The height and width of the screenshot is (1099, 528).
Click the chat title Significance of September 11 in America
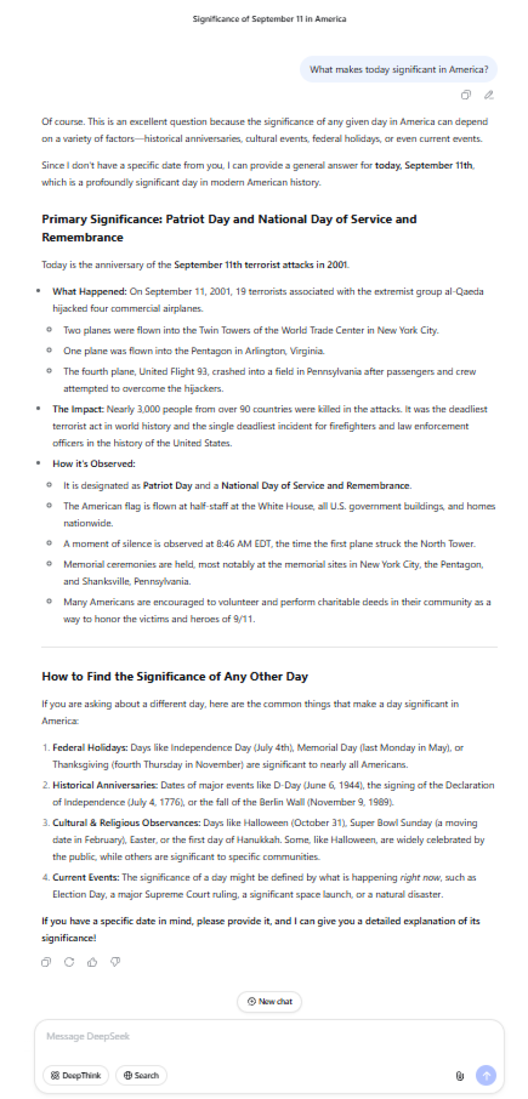click(269, 19)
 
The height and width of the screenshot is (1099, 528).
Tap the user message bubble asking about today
click(398, 69)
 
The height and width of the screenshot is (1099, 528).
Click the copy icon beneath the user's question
click(466, 95)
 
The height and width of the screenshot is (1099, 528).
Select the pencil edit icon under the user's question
click(489, 95)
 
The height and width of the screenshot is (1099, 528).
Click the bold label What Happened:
click(90, 292)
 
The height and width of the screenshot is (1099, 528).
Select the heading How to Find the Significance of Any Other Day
click(175, 676)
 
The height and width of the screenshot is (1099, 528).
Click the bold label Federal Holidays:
click(90, 748)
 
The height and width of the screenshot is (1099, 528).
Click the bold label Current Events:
click(86, 877)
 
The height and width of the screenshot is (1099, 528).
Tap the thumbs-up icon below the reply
click(92, 962)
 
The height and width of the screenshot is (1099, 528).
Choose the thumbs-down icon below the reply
click(115, 962)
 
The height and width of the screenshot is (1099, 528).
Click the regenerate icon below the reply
click(69, 962)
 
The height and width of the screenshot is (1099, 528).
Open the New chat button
click(269, 1001)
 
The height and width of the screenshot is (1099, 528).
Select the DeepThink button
click(76, 1075)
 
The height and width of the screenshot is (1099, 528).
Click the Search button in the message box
click(141, 1075)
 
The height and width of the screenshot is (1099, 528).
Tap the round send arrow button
click(485, 1075)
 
